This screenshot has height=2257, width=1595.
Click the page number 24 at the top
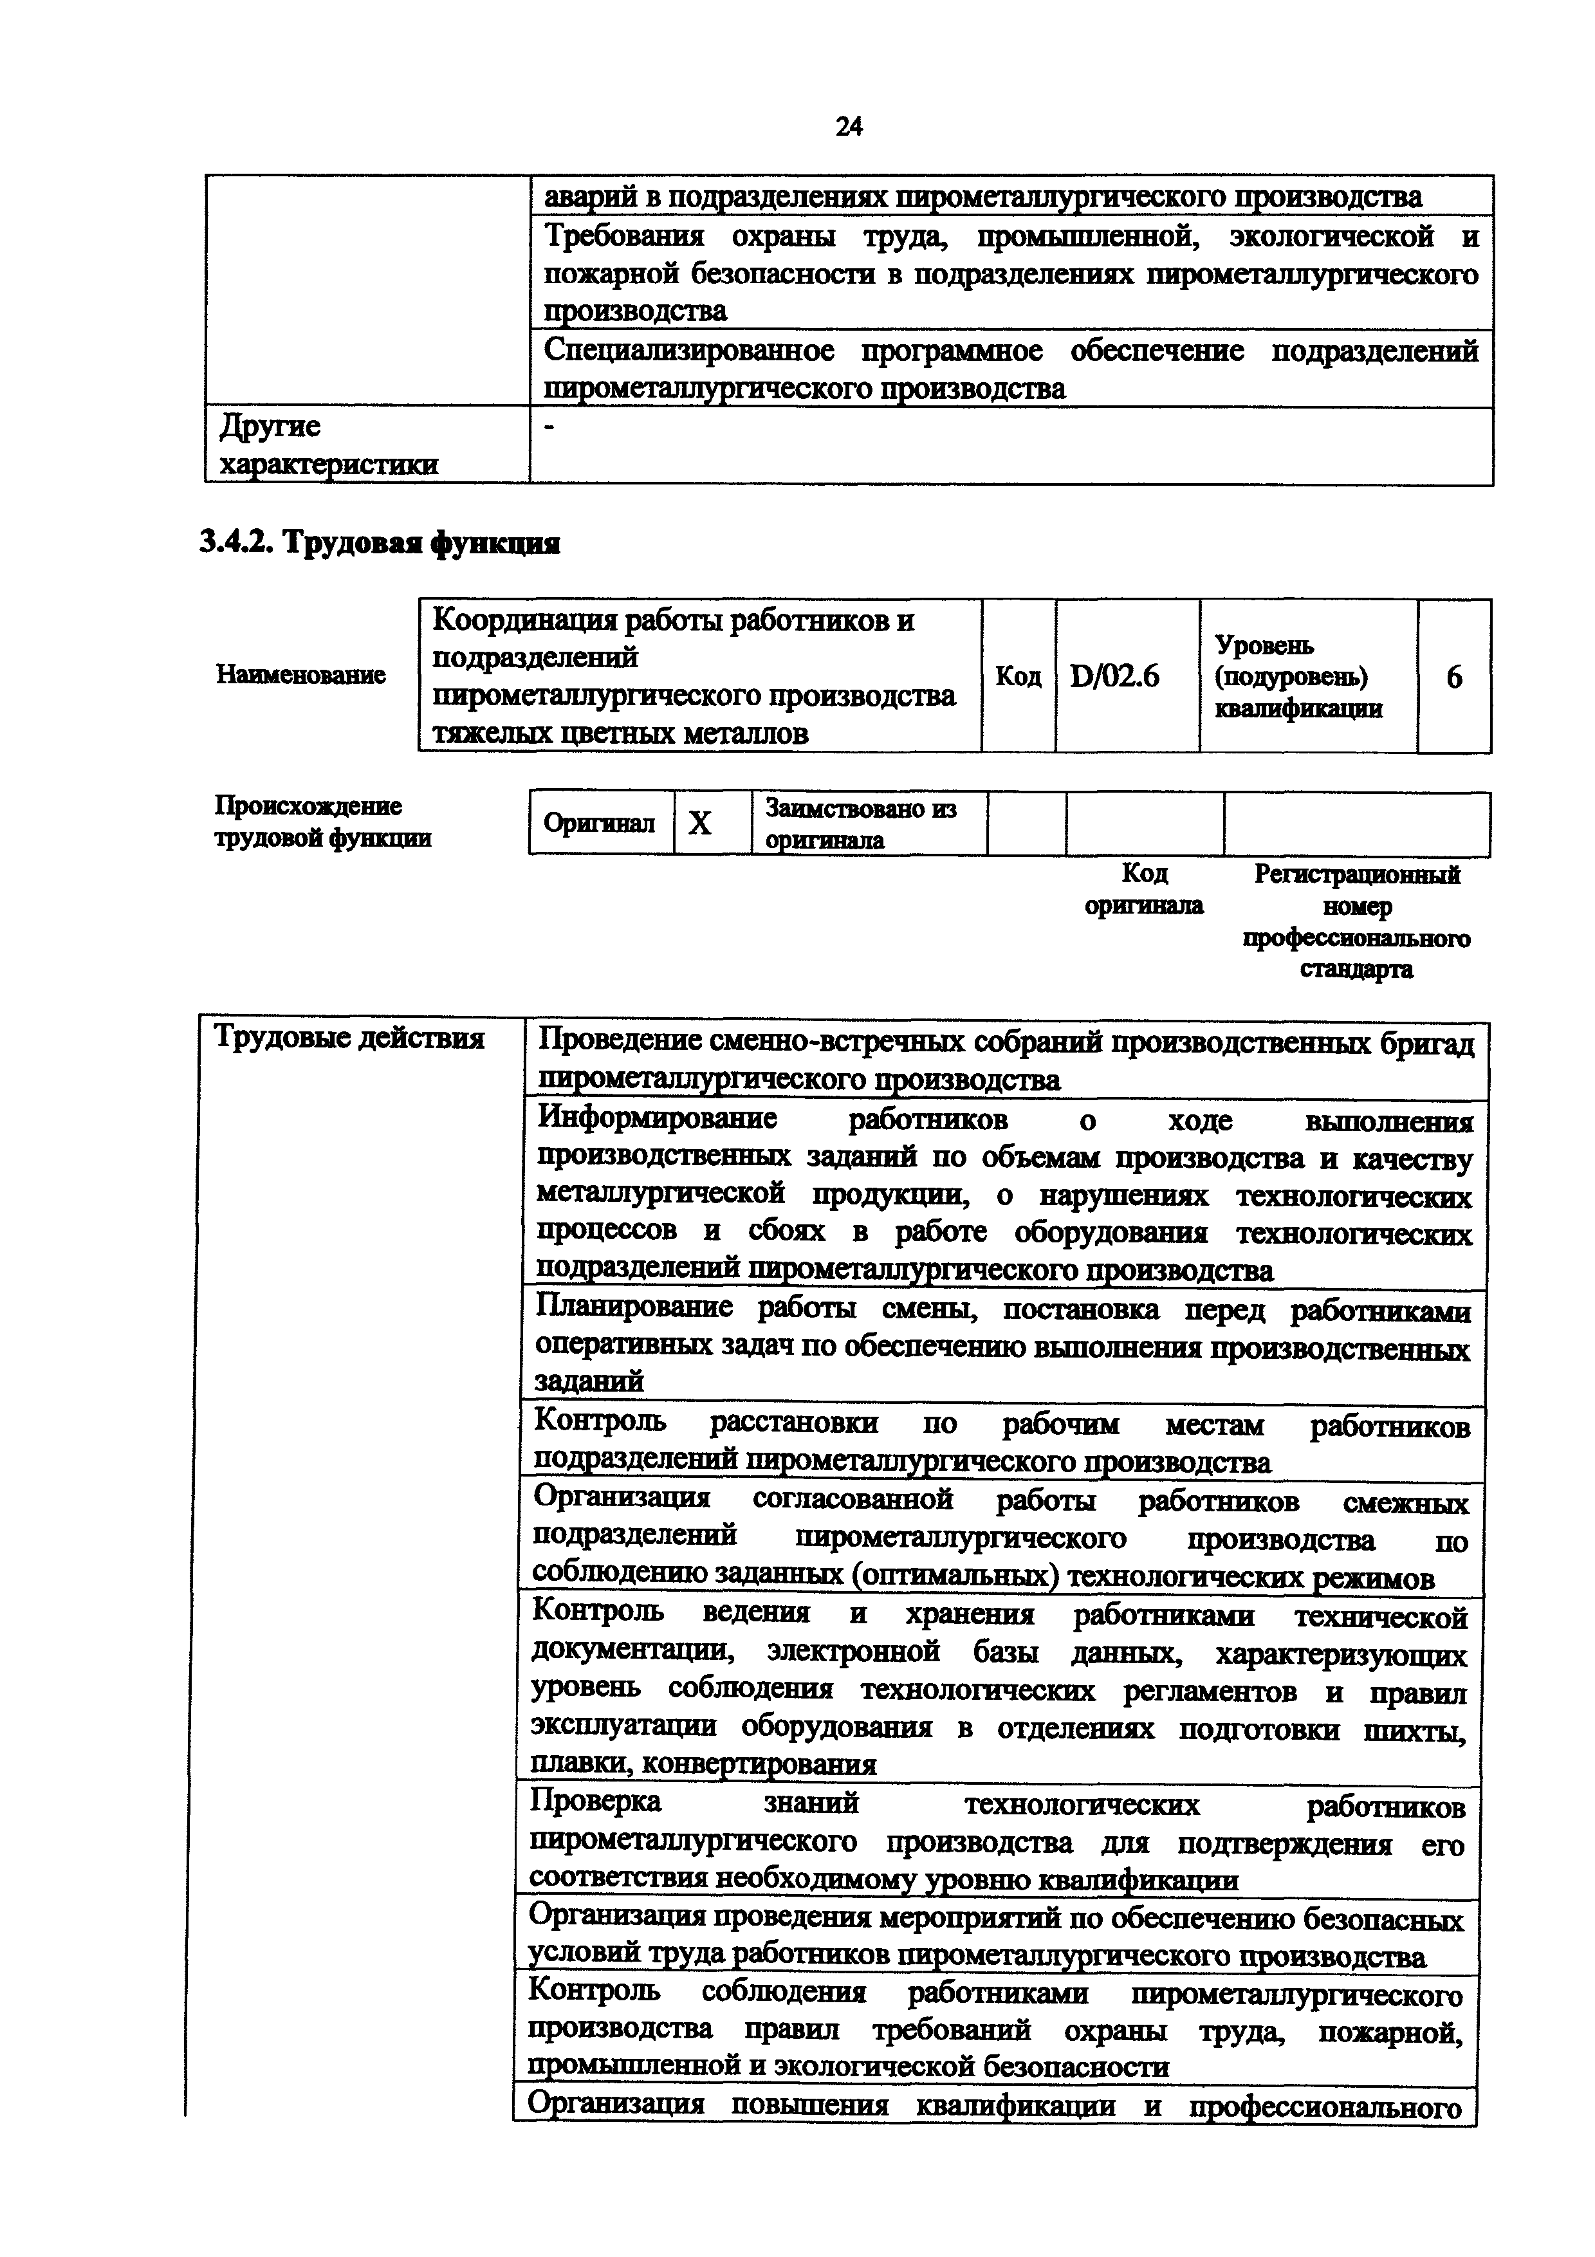pos(848,126)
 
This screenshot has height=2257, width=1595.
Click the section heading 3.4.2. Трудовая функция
pos(380,542)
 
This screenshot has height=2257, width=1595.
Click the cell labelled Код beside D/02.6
pos(1018,676)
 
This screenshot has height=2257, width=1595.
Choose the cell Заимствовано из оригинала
pos(861,824)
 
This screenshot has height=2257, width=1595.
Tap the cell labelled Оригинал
pos(600,823)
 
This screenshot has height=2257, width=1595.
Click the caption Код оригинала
pos(1144,889)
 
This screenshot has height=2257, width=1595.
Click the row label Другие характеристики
pos(328,445)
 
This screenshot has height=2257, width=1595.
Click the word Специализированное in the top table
pos(689,351)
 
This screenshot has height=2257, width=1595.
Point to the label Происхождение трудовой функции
pos(324,822)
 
